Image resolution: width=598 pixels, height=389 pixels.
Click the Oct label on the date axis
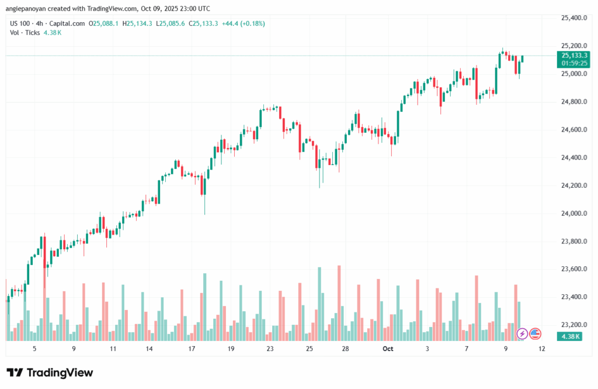pos(388,349)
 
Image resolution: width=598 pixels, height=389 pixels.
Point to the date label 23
pos(270,349)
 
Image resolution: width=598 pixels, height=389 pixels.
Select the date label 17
pos(191,349)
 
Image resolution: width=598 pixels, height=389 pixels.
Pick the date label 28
pos(346,349)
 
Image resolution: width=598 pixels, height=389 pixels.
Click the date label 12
pos(542,349)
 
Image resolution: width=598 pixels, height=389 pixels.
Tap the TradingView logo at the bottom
pos(50,373)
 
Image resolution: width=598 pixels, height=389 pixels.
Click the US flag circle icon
pos(535,333)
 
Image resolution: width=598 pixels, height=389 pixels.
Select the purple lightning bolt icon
pos(523,333)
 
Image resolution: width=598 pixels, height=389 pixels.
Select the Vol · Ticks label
pos(25,32)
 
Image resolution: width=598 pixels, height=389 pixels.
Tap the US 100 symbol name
pos(22,23)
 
